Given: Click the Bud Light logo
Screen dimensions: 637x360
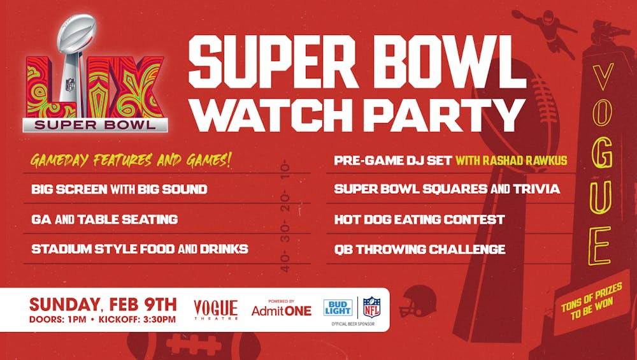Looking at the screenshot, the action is click(338, 308).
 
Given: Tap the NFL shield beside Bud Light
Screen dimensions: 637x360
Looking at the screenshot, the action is click(371, 307).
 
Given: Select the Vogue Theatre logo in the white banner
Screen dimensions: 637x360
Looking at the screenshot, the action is click(215, 310).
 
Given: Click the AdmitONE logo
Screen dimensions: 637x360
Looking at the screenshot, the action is click(281, 310).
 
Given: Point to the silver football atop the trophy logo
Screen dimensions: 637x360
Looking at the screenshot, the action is click(77, 34).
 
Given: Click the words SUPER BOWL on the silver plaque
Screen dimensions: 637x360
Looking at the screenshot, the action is click(95, 125).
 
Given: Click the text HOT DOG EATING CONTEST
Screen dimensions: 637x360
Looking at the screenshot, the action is click(419, 219).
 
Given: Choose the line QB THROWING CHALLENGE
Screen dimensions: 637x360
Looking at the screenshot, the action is click(420, 249).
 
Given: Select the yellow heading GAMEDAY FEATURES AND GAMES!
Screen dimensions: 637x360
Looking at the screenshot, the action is click(131, 161).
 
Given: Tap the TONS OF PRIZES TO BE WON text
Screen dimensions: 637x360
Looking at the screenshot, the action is click(592, 301).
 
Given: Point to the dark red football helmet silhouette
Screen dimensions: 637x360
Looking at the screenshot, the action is click(418, 301).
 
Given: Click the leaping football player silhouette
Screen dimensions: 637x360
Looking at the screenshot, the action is click(545, 30).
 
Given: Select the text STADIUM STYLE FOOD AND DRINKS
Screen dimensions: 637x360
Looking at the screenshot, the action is click(140, 248).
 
